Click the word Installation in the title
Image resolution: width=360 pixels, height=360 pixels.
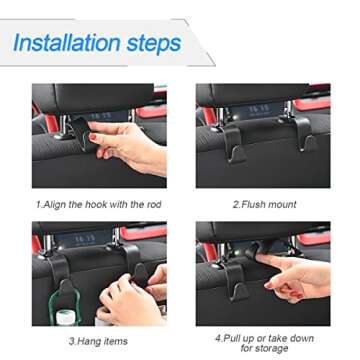(67, 44)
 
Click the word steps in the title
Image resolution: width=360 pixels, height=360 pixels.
(153, 44)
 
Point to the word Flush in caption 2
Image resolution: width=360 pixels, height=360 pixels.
(253, 204)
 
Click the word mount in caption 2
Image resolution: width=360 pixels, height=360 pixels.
(281, 204)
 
